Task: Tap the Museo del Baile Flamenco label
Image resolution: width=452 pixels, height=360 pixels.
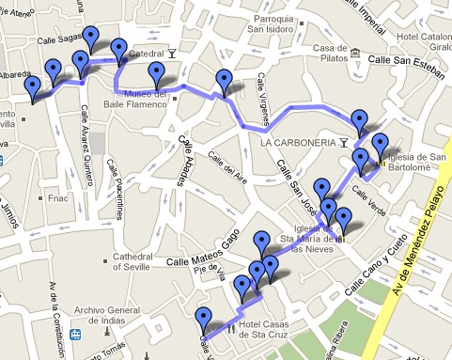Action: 132,99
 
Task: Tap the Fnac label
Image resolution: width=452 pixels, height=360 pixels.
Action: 57,198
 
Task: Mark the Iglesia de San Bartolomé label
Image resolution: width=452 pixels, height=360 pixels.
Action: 413,163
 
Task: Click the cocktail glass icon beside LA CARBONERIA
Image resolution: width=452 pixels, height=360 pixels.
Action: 346,142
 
